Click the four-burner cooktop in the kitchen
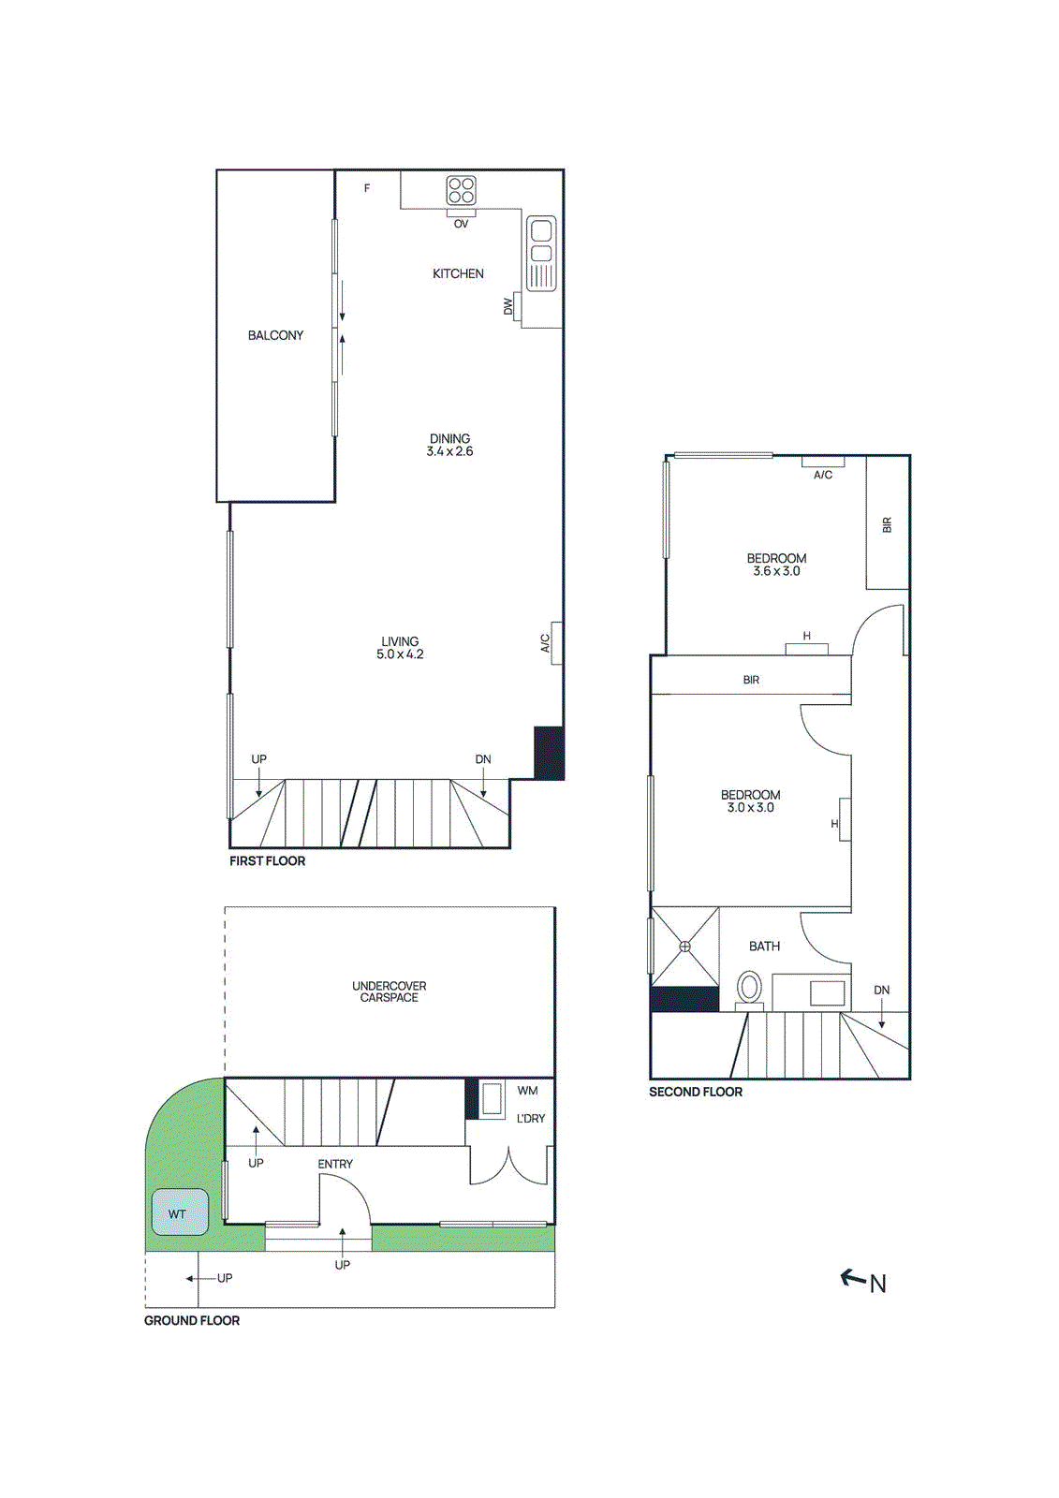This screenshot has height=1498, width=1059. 461,190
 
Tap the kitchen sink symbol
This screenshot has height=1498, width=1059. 541,253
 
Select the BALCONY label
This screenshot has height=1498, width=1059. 275,335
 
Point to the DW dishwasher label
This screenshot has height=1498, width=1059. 508,306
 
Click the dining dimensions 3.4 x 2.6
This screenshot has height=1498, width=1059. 449,451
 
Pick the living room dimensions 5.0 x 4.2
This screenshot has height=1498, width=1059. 400,654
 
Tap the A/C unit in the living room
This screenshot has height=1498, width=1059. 556,643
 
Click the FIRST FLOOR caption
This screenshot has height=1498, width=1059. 267,861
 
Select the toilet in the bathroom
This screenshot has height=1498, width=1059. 749,988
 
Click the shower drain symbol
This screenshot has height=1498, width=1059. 684,947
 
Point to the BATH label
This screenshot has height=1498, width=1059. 764,947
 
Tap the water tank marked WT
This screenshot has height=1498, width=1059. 179,1212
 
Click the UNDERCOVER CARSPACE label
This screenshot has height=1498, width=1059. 389,991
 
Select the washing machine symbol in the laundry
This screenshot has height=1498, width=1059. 493,1098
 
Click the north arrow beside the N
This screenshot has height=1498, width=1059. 852,1277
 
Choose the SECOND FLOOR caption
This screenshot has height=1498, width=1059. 695,1092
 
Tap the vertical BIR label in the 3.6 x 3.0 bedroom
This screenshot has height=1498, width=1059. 887,525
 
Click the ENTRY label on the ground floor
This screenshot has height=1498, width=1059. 335,1164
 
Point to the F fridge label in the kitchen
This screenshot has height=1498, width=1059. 367,188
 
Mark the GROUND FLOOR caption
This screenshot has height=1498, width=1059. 191,1320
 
